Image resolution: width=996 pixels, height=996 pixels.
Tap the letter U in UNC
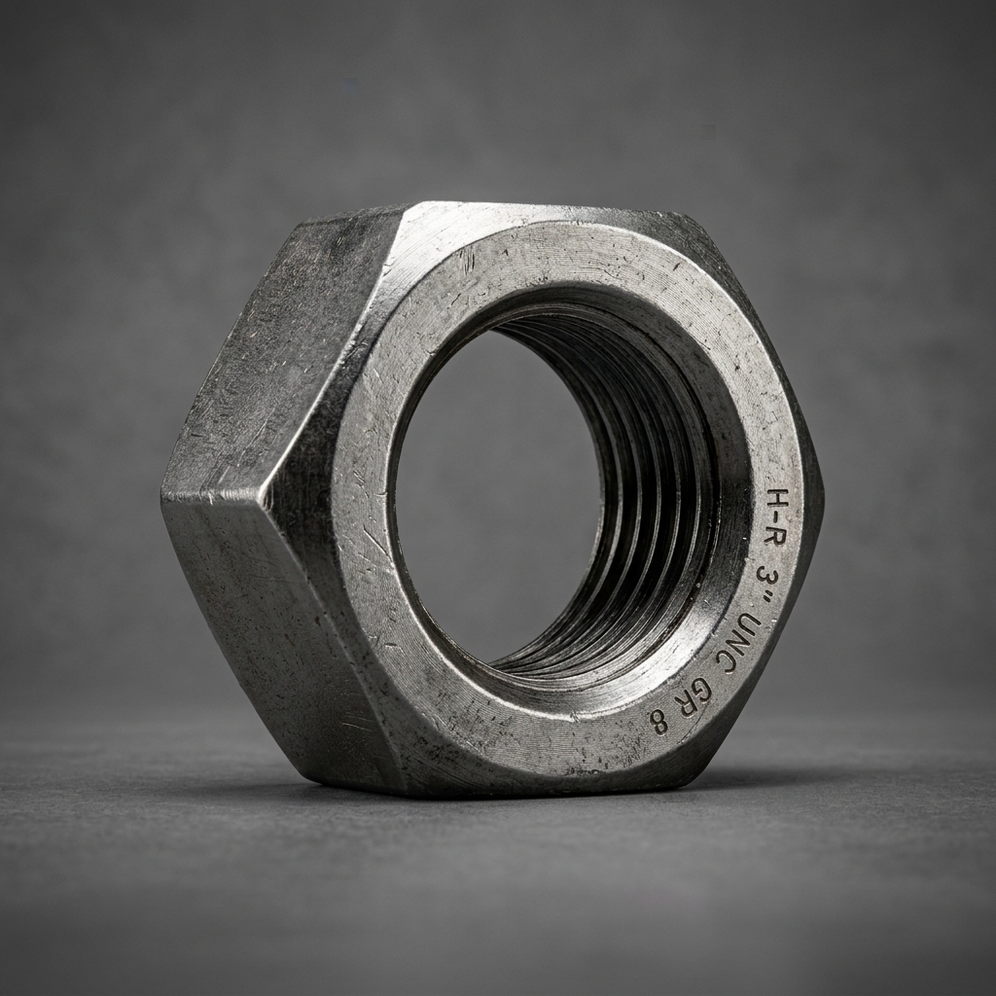(x=750, y=625)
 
